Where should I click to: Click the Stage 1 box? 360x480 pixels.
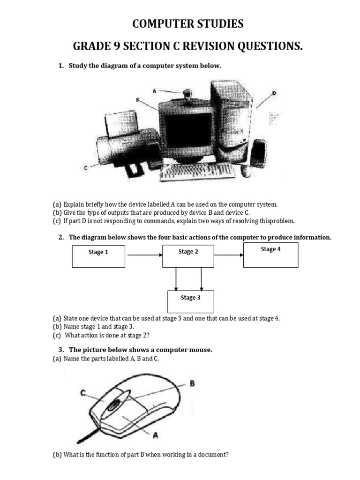(x=98, y=255)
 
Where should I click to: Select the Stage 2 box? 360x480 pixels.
(x=188, y=255)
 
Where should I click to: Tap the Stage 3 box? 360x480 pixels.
(x=191, y=301)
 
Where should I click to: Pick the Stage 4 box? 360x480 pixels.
(x=270, y=255)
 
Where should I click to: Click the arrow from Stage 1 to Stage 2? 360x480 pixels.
(x=144, y=255)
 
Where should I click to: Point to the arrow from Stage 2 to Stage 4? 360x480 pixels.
(x=228, y=255)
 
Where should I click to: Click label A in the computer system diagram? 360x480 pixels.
(x=154, y=91)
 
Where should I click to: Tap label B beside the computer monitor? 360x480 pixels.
(x=138, y=99)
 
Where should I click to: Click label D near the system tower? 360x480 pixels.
(x=275, y=93)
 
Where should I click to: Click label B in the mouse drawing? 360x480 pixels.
(x=191, y=383)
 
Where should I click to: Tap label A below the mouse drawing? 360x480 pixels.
(x=155, y=435)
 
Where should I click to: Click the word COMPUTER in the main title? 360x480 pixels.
(x=162, y=24)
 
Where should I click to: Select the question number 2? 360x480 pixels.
(x=61, y=237)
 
